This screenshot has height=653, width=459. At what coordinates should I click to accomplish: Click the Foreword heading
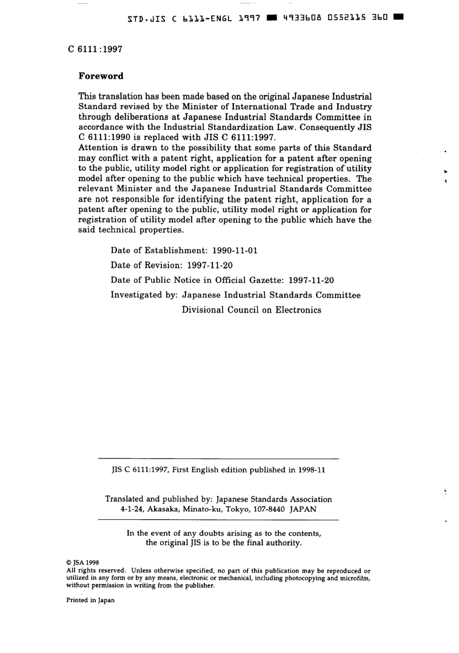[x=101, y=76]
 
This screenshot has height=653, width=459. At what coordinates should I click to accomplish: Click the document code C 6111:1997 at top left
[x=95, y=49]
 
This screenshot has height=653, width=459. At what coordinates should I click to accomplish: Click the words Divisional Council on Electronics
[x=251, y=310]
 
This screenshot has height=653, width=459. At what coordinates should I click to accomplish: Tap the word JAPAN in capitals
[x=303, y=509]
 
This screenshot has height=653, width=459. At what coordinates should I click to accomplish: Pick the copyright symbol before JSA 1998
[x=68, y=563]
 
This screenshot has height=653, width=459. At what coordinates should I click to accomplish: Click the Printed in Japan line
[x=90, y=600]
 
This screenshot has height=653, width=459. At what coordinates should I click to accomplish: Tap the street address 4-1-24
[x=131, y=509]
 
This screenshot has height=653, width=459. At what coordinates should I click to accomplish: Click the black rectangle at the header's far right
[x=399, y=18]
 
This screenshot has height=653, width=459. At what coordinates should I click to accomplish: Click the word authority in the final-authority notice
[x=283, y=542]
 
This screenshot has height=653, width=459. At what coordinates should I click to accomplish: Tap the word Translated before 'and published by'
[x=124, y=499]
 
